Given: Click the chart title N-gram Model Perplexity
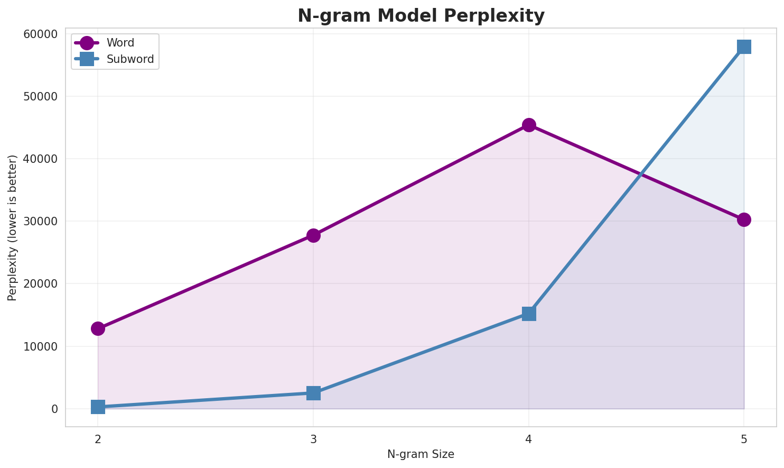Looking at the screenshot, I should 421,16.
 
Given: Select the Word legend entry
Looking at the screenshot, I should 120,43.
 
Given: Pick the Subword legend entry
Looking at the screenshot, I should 130,59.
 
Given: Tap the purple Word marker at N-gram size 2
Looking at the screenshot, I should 98,328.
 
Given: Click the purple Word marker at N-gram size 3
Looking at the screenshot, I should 313,235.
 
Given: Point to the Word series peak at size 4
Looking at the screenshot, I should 529,125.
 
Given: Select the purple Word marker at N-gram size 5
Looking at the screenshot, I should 744,219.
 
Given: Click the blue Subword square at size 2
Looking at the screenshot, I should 98,407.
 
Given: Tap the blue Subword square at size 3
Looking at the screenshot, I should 313,393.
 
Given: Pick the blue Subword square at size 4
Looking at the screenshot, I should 529,314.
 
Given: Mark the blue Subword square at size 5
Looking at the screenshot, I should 744,47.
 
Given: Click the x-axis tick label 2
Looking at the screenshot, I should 98,439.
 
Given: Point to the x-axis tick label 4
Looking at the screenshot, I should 529,439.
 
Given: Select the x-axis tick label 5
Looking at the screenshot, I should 744,439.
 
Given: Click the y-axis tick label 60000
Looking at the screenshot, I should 41,34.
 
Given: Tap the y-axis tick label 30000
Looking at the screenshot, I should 41,222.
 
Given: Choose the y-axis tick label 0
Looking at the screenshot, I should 54,409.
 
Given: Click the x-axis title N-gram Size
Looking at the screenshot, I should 421,454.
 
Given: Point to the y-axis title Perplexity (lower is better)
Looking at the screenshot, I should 13,228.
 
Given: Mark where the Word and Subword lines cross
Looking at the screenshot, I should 641,174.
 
